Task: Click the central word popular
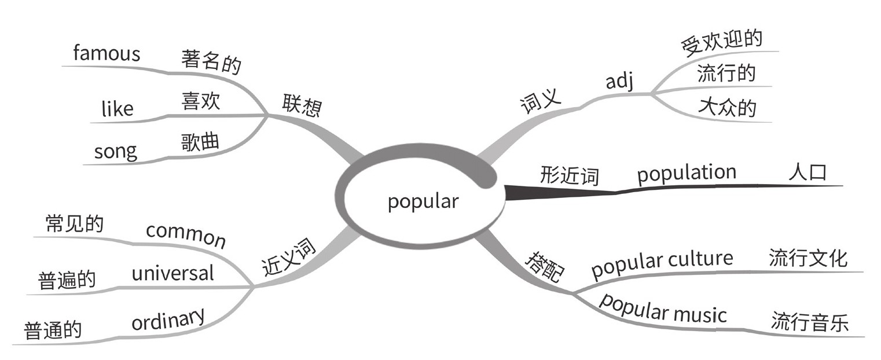click(423, 201)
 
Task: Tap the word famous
click(107, 54)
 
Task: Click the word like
click(117, 108)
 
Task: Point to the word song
click(116, 152)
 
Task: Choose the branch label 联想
click(301, 105)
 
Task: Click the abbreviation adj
click(619, 82)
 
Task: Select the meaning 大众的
click(727, 107)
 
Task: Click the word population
click(687, 173)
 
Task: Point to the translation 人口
click(807, 173)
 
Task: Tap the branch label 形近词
click(569, 174)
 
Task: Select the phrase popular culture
click(662, 263)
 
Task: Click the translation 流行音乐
click(809, 322)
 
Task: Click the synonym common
click(185, 234)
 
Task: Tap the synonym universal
click(172, 273)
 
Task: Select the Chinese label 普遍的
click(67, 281)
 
